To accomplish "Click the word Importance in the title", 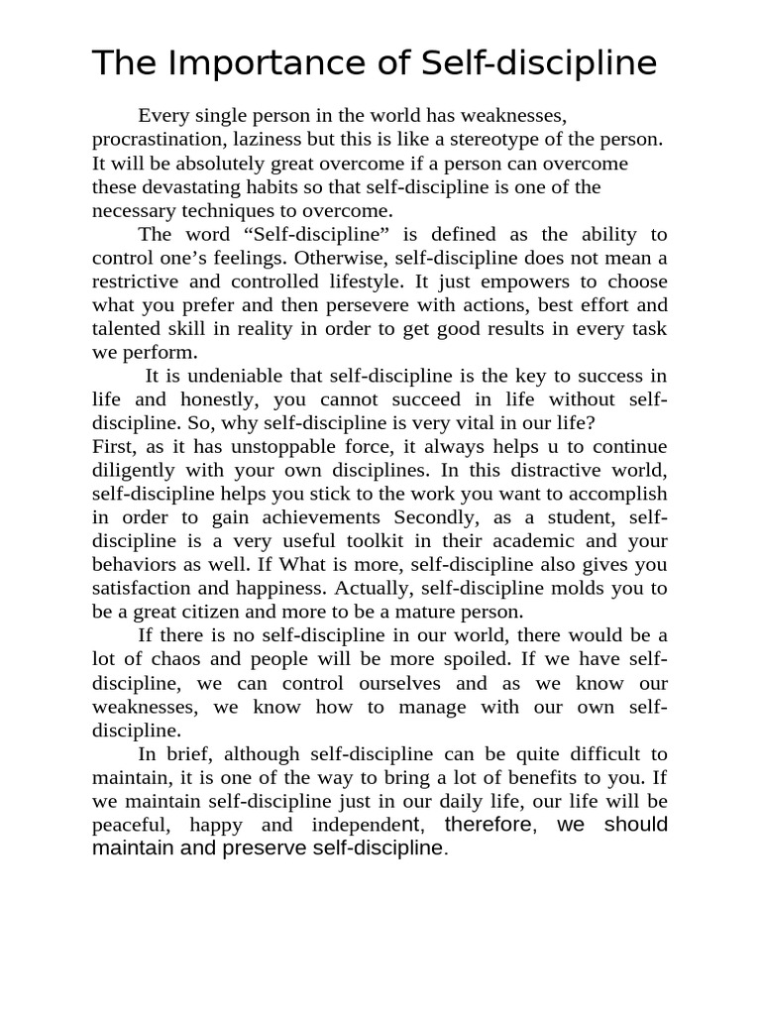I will pos(236,63).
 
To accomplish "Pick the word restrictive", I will pos(139,282).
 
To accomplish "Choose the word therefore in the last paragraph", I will pos(488,825).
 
